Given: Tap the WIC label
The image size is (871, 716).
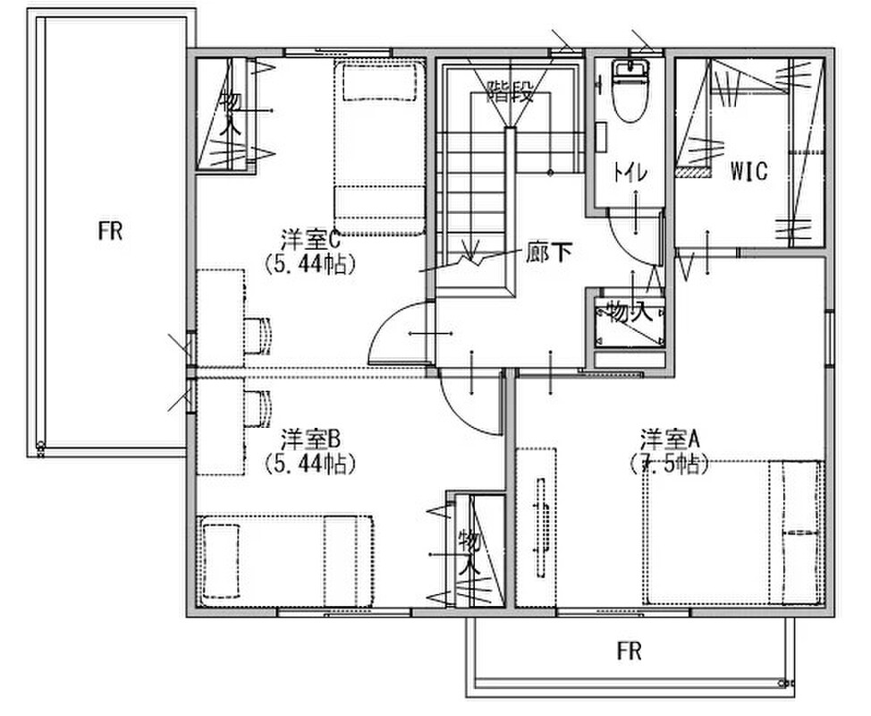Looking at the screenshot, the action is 748,172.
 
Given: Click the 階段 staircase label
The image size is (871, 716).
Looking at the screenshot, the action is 511,90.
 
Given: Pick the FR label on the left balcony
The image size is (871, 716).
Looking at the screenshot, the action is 110,231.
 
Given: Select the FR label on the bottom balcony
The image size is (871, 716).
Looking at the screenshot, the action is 629,651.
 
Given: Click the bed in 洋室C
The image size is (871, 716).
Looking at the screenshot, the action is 378,147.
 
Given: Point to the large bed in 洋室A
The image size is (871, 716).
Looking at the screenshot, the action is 733,533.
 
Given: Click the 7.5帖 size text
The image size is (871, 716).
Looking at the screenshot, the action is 670,463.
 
